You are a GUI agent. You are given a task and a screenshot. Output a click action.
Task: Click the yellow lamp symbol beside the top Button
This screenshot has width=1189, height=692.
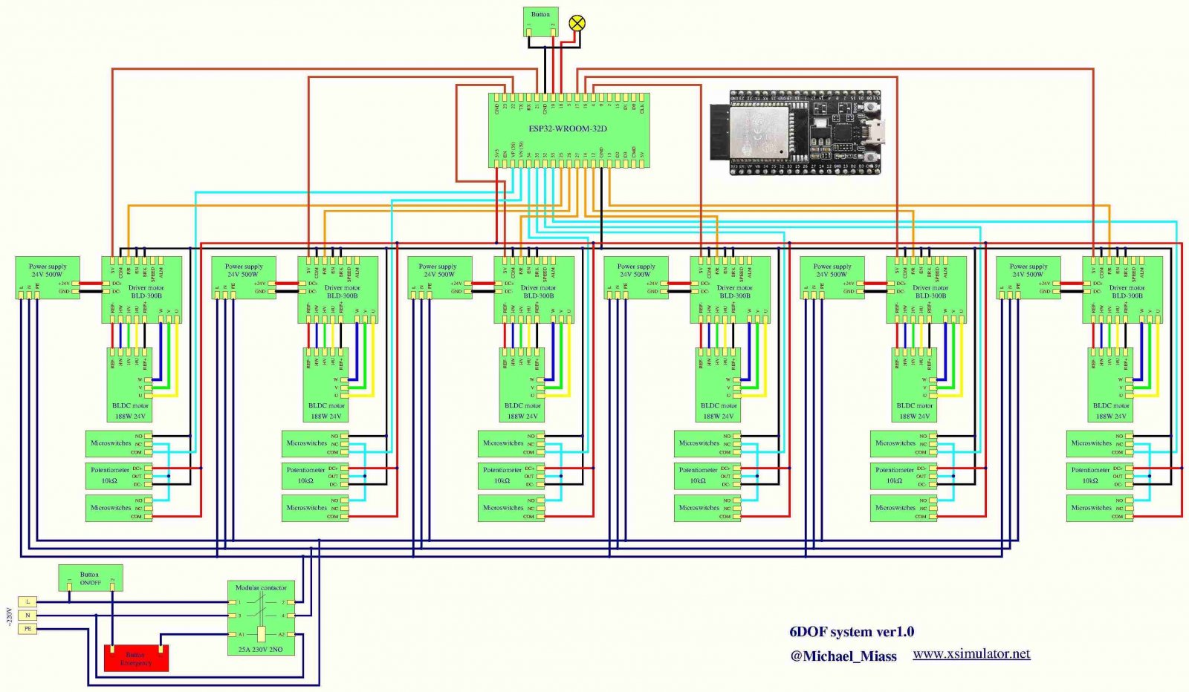coord(577,23)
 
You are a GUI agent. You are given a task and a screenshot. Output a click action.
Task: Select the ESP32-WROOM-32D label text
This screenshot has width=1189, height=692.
coord(568,128)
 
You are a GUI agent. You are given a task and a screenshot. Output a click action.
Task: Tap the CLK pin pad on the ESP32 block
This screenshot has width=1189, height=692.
coord(642,97)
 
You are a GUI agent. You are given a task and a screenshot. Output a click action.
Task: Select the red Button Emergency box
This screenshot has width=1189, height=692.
coord(136,658)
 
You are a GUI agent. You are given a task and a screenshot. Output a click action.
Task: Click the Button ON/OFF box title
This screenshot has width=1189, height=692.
coord(90,578)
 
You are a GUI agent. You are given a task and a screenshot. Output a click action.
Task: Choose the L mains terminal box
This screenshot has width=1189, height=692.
coord(27,601)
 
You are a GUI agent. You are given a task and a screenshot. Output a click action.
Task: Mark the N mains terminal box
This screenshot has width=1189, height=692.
coord(27,616)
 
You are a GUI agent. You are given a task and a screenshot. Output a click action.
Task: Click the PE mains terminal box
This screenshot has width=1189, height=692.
coord(27,629)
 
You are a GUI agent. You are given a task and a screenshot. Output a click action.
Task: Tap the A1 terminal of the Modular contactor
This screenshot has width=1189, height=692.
coord(233,635)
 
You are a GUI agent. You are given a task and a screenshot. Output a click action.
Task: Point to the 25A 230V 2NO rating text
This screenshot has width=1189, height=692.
coord(260,650)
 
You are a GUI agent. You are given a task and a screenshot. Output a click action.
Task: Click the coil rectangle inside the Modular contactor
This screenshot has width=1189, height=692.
coord(262,634)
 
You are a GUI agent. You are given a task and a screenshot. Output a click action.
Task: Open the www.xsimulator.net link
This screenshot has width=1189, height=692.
coord(971,654)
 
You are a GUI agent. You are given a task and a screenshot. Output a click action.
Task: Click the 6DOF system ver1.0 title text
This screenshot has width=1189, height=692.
coord(852,632)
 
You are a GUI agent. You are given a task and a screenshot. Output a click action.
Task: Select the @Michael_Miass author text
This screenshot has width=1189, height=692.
coord(843,656)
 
